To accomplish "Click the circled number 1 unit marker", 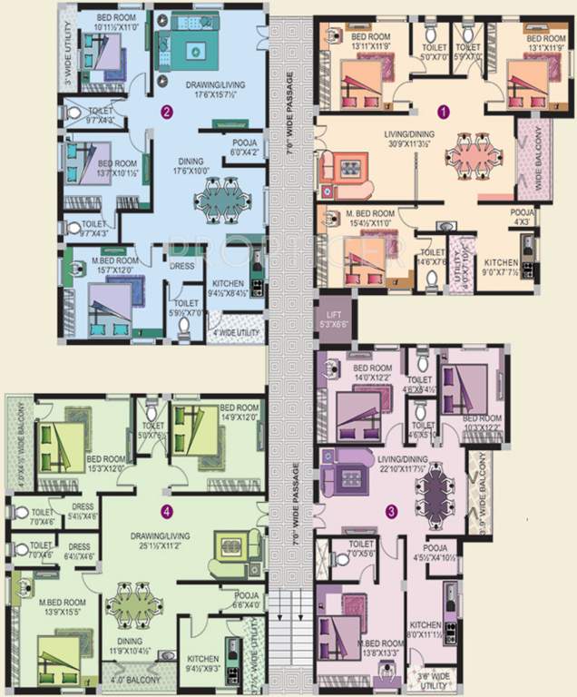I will point(444,113).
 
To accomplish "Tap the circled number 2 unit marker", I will point(165,113).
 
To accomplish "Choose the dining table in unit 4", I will point(135,605).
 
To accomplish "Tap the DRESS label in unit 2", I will point(183,268).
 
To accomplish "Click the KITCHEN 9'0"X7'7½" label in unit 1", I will point(499,265).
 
